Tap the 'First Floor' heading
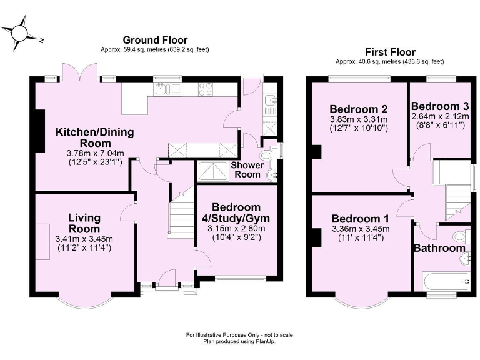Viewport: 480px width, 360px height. click(x=389, y=52)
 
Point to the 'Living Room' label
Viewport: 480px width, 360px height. click(x=84, y=223)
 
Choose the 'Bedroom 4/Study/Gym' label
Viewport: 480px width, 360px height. click(x=236, y=213)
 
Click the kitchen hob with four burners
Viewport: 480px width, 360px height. click(x=205, y=90)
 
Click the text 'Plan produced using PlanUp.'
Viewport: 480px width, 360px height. click(x=239, y=341)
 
